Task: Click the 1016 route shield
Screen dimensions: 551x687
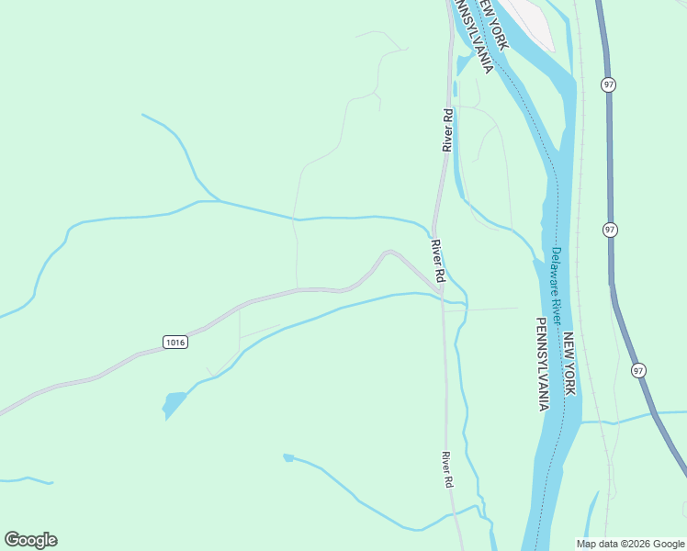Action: tap(175, 342)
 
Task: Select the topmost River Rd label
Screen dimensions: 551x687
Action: tap(447, 130)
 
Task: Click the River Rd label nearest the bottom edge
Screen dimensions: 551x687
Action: tap(447, 469)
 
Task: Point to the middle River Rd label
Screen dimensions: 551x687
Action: tap(439, 261)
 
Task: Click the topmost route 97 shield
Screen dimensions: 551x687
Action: tap(609, 84)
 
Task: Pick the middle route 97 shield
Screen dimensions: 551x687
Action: tap(610, 230)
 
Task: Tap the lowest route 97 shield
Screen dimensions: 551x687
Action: tap(638, 369)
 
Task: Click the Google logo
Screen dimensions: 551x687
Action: tap(30, 540)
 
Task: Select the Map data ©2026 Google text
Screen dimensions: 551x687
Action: tap(630, 544)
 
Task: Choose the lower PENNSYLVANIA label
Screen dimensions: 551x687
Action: tap(542, 363)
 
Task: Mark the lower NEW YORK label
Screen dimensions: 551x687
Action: tap(569, 364)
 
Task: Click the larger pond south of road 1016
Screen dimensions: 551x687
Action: tap(173, 403)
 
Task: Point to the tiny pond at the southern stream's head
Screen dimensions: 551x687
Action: tap(287, 456)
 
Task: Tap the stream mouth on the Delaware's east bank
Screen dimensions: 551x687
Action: tap(580, 422)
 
